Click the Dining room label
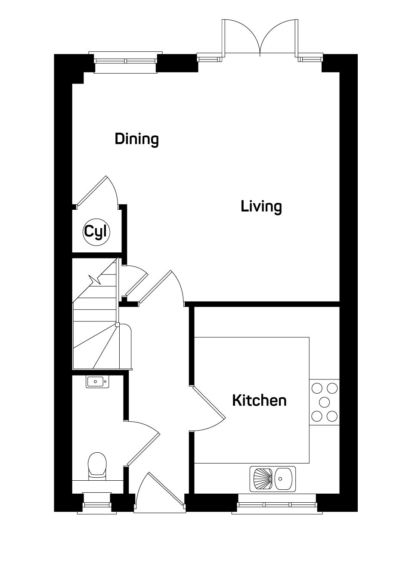[x=136, y=139]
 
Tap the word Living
[x=261, y=206]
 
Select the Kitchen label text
[x=260, y=401]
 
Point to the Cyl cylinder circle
[x=96, y=232]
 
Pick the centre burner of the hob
[x=324, y=402]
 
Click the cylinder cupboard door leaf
[x=91, y=191]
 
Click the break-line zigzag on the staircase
[x=95, y=280]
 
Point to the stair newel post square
[x=117, y=325]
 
